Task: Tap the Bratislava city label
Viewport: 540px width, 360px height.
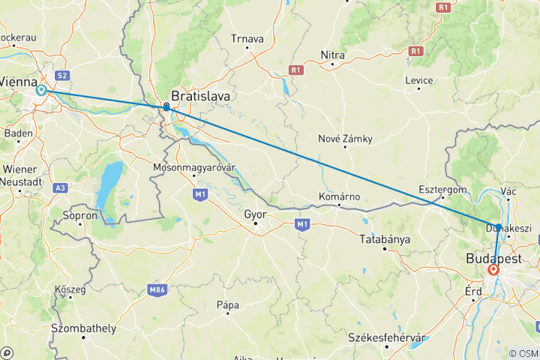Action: (200, 96)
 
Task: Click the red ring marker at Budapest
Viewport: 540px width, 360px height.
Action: (493, 269)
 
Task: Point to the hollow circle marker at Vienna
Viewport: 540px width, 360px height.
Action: (41, 90)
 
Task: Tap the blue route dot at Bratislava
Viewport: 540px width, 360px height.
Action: (166, 107)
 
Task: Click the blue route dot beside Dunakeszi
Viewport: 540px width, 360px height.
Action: (499, 227)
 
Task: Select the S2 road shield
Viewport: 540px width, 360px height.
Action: (63, 75)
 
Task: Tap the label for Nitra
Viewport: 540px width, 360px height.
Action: (332, 55)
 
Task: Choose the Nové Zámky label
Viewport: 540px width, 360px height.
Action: (344, 139)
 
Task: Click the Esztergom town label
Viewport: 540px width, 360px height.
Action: (443, 190)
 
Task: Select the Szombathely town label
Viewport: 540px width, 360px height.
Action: (83, 328)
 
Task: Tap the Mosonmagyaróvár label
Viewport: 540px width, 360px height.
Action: (194, 166)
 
